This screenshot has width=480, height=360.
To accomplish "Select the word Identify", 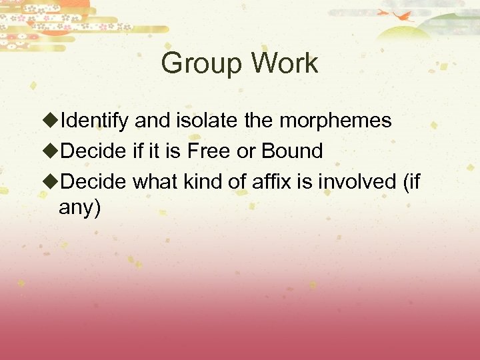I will [95, 121].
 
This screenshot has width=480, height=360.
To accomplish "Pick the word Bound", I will [292, 151].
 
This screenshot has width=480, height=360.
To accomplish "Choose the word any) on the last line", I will [80, 209].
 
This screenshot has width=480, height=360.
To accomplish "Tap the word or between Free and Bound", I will [246, 152].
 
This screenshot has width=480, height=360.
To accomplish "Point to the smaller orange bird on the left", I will [383, 11].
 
